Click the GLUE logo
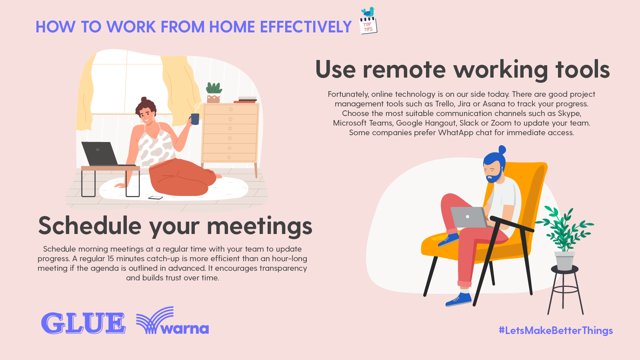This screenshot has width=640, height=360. click(83, 323)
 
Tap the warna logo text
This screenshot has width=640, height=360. click(185, 329)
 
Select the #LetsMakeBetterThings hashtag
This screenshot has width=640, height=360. click(556, 330)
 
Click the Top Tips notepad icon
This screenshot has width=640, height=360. click(368, 26)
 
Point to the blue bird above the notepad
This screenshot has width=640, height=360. click(368, 12)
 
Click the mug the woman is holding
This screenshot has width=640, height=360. click(195, 119)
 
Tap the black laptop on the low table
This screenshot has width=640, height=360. click(100, 154)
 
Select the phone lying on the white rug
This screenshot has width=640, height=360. click(156, 197)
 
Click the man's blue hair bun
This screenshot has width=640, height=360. click(502, 150)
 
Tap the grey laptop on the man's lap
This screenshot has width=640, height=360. click(468, 217)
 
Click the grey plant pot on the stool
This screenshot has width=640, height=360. click(564, 261)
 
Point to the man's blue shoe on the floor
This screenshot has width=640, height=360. click(459, 299)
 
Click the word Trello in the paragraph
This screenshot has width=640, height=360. click(444, 104)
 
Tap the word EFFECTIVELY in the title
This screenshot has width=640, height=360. click(306, 27)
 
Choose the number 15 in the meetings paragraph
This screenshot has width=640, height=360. click(110, 259)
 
